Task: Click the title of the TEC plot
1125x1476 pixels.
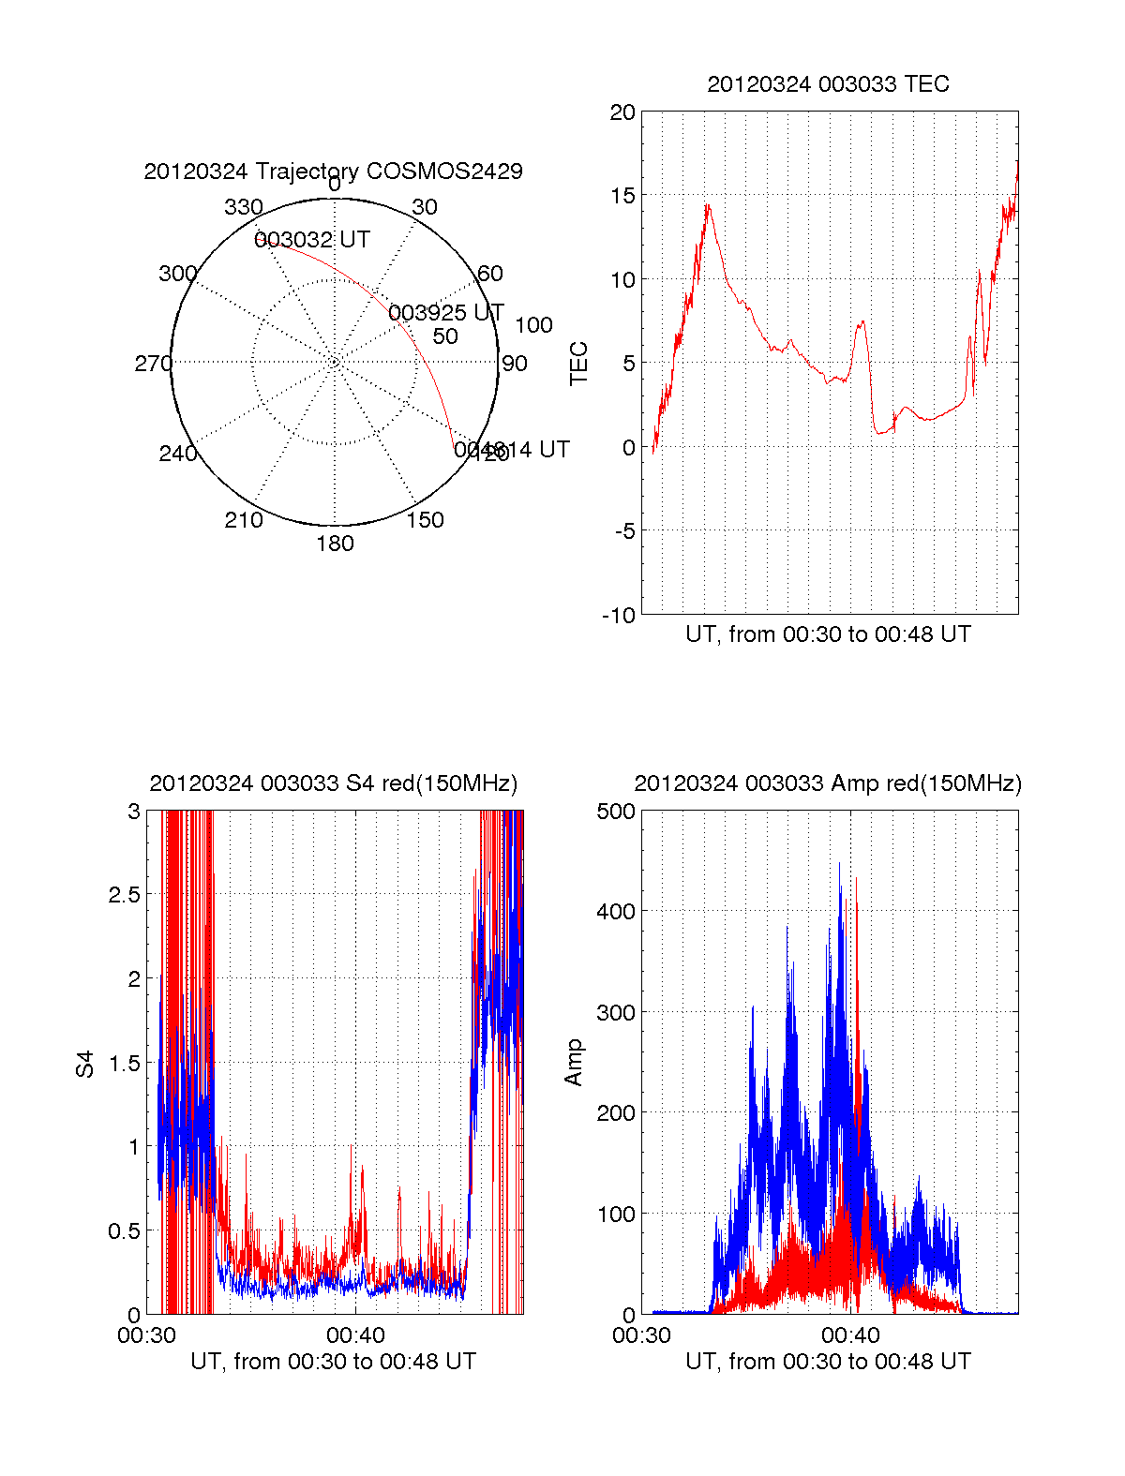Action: [828, 84]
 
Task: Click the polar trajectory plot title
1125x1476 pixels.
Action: [333, 171]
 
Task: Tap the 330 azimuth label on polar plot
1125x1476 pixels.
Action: [244, 207]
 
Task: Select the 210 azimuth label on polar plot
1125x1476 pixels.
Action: [244, 520]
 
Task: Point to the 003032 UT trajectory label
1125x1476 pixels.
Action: [312, 240]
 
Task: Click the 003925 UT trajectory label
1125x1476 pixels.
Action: [446, 312]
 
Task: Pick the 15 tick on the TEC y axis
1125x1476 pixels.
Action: [622, 196]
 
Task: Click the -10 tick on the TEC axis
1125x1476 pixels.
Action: [620, 616]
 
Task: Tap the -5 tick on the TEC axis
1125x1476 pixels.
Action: [623, 531]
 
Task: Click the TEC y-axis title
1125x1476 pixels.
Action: [579, 364]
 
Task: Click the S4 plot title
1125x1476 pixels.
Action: [333, 783]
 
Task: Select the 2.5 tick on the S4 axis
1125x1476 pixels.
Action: [125, 895]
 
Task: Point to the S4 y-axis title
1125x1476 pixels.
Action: [85, 1065]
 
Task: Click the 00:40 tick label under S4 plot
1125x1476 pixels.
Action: [355, 1335]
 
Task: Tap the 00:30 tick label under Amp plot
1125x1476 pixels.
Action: [641, 1335]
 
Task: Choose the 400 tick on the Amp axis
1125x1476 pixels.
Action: [616, 911]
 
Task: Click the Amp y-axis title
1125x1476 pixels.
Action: [574, 1063]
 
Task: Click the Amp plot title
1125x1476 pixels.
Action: [828, 783]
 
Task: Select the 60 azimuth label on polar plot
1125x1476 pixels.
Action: [490, 274]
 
